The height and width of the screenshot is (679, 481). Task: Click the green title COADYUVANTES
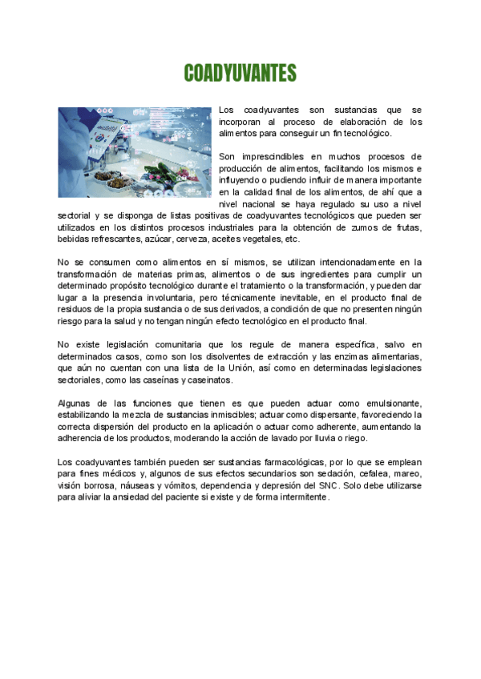pyautogui.click(x=240, y=74)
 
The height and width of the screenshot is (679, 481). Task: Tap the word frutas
pyautogui.click(x=406, y=227)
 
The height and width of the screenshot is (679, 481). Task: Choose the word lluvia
pyautogui.click(x=326, y=438)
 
